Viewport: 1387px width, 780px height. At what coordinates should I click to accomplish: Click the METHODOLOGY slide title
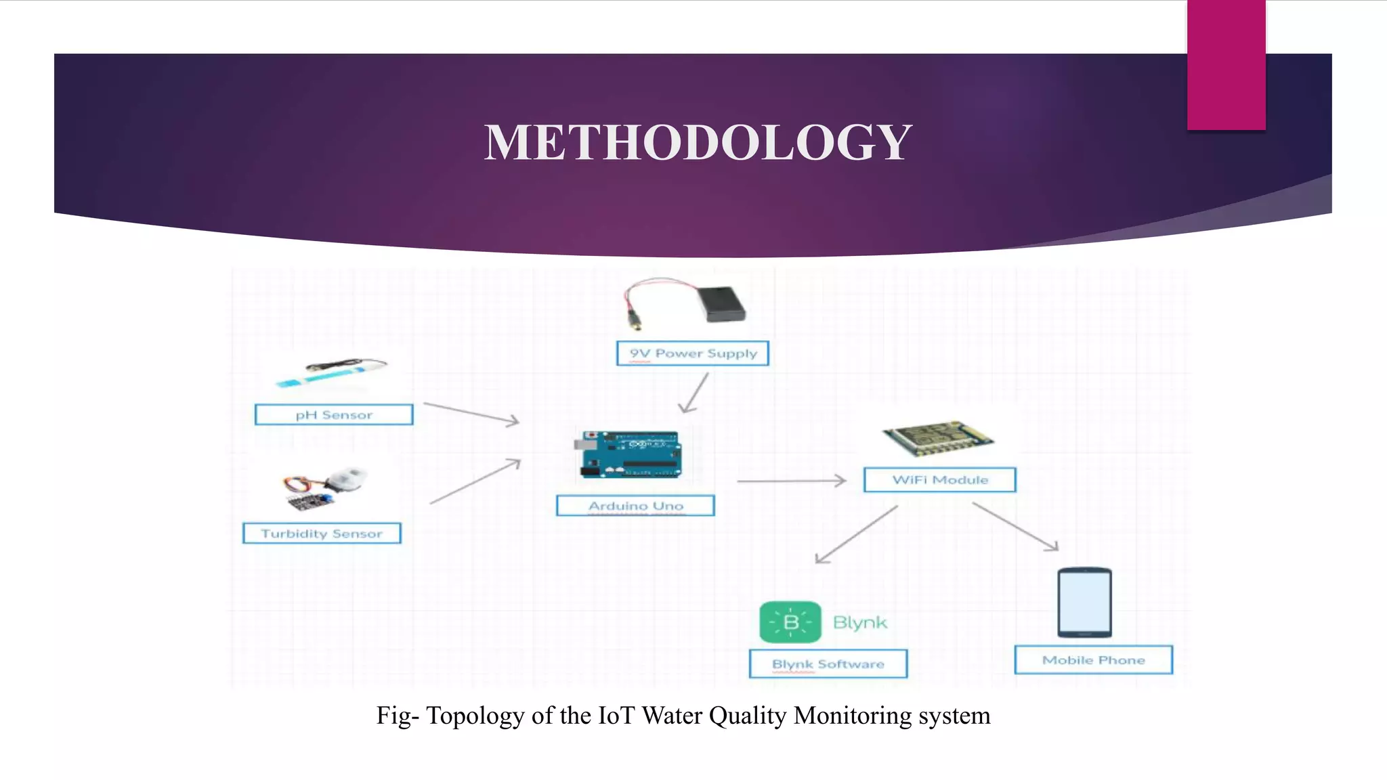tap(698, 143)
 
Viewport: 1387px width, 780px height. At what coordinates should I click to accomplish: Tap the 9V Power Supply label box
tap(692, 353)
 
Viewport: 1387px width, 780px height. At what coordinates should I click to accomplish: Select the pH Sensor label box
tap(334, 415)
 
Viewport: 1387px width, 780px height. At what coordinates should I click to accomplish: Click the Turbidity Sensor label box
tap(322, 534)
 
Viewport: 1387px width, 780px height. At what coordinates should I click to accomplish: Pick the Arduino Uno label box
tap(635, 506)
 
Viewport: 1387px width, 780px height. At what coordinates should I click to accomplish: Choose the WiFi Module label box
tap(940, 480)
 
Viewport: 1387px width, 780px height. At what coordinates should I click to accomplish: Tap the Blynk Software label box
tap(828, 664)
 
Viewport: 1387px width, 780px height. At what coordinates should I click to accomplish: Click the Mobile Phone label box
tap(1093, 660)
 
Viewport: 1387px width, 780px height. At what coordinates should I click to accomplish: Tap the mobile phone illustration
tap(1084, 602)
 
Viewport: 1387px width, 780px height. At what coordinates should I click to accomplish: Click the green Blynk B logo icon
tap(790, 622)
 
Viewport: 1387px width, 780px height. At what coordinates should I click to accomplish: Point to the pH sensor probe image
tap(332, 373)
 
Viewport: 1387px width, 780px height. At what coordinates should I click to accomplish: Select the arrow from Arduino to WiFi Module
tap(791, 481)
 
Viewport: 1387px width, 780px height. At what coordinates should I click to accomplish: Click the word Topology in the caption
tap(475, 716)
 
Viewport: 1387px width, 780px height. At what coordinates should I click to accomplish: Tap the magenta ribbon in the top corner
tap(1226, 64)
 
